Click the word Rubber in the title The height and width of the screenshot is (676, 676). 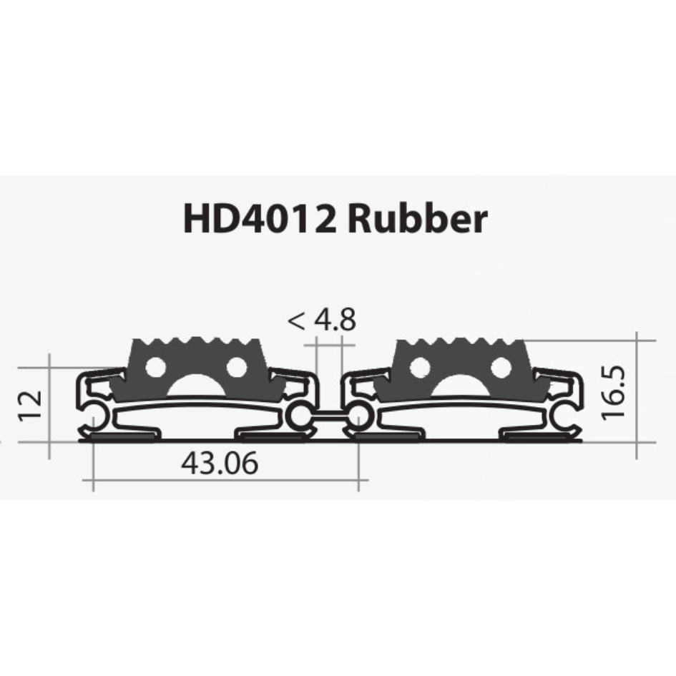click(417, 219)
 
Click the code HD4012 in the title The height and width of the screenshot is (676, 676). click(260, 219)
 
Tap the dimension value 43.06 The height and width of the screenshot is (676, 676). click(220, 464)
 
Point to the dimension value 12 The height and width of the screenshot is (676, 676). click(31, 406)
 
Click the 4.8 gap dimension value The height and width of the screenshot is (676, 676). click(335, 320)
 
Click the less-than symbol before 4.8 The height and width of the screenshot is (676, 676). click(296, 320)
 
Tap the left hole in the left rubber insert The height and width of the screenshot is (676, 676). click(156, 367)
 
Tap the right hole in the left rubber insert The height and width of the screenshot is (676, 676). click(236, 367)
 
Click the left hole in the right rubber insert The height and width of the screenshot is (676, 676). click(421, 367)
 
